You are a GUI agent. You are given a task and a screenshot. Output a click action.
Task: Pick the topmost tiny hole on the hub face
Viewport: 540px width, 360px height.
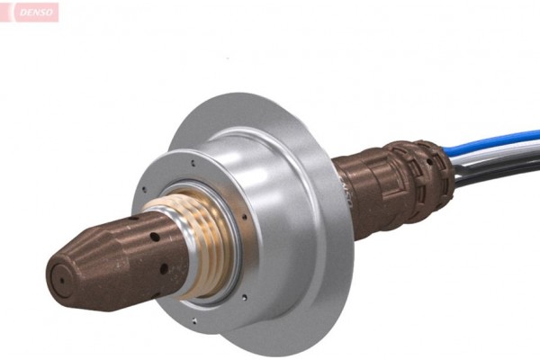pos(193,162)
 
